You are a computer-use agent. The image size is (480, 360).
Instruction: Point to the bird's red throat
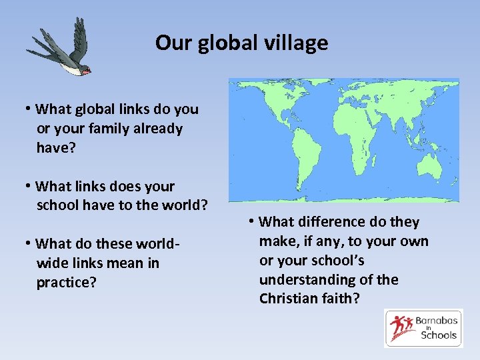[86, 69]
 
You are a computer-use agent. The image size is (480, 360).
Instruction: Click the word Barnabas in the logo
[435, 321]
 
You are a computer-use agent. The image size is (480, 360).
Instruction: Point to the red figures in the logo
[402, 327]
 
